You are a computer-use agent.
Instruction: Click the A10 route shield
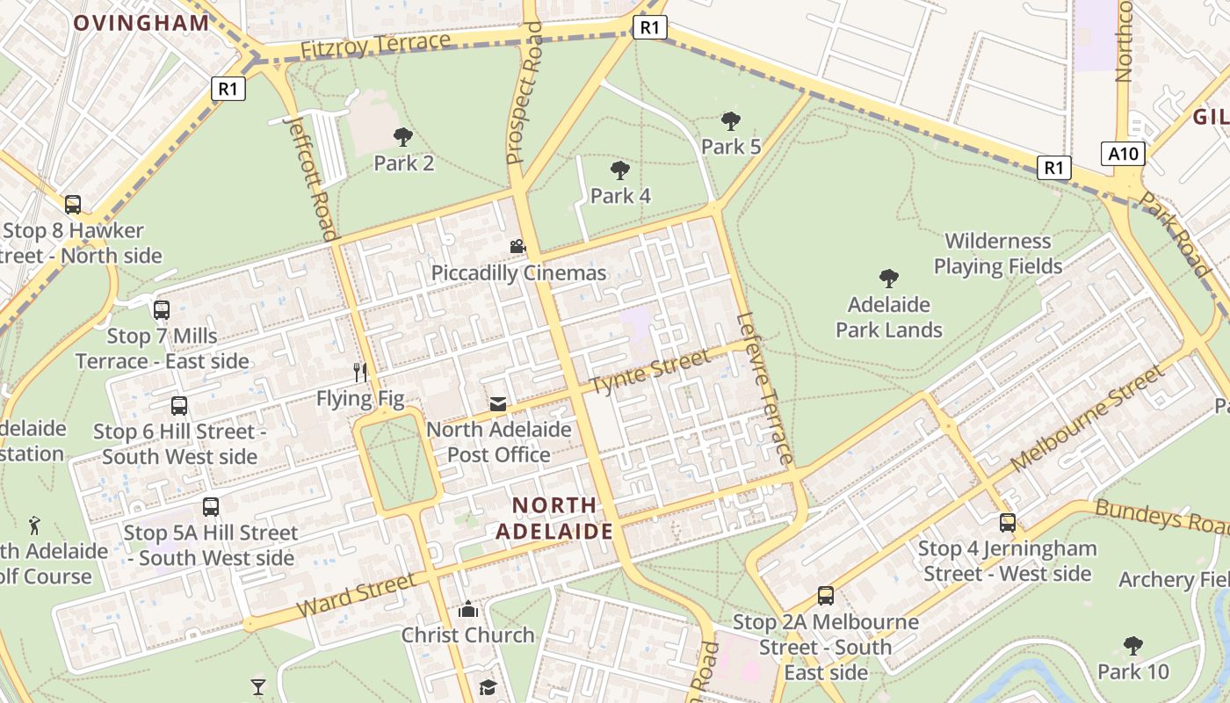pyautogui.click(x=1123, y=155)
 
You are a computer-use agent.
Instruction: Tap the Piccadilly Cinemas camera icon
pyautogui.click(x=517, y=247)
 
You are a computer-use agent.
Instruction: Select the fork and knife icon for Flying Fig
pyautogui.click(x=359, y=373)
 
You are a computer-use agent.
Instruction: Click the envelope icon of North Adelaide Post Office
pyautogui.click(x=498, y=404)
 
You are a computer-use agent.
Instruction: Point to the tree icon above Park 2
pyautogui.click(x=403, y=136)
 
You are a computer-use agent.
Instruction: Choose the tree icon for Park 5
pyautogui.click(x=730, y=120)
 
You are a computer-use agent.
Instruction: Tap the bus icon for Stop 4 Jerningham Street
pyautogui.click(x=1007, y=523)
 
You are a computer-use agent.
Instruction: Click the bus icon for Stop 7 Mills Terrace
pyautogui.click(x=162, y=310)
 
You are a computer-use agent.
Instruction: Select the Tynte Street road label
pyautogui.click(x=649, y=373)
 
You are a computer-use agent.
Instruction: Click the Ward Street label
pyautogui.click(x=356, y=596)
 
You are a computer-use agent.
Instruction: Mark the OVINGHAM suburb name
pyautogui.click(x=141, y=24)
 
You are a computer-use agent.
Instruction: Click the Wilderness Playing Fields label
pyautogui.click(x=997, y=253)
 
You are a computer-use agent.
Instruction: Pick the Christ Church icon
pyautogui.click(x=468, y=609)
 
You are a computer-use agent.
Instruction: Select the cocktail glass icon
pyautogui.click(x=258, y=686)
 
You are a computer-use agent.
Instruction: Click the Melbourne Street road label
pyautogui.click(x=1087, y=417)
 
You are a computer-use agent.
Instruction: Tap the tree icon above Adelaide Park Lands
pyautogui.click(x=888, y=279)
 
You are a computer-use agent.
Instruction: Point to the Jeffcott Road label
pyautogui.click(x=314, y=177)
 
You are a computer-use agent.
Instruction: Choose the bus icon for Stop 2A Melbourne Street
pyautogui.click(x=825, y=596)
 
